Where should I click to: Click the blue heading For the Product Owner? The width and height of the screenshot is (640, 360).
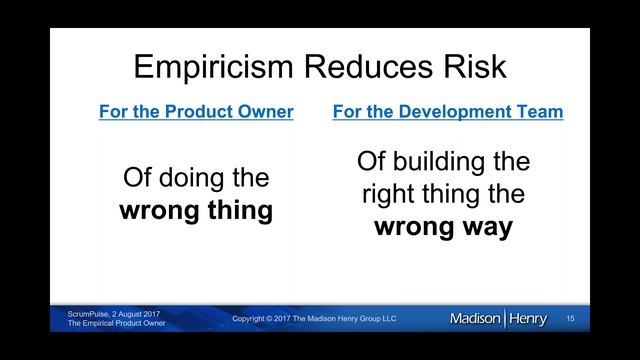pyautogui.click(x=196, y=112)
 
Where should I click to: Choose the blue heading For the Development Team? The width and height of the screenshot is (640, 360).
pyautogui.click(x=447, y=112)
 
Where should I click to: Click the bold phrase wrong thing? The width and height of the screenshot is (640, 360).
pyautogui.click(x=196, y=212)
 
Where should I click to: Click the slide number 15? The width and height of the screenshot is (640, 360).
pyautogui.click(x=570, y=319)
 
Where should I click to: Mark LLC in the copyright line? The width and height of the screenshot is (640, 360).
pyautogui.click(x=387, y=319)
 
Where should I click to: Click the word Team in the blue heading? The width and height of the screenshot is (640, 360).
pyautogui.click(x=540, y=112)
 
